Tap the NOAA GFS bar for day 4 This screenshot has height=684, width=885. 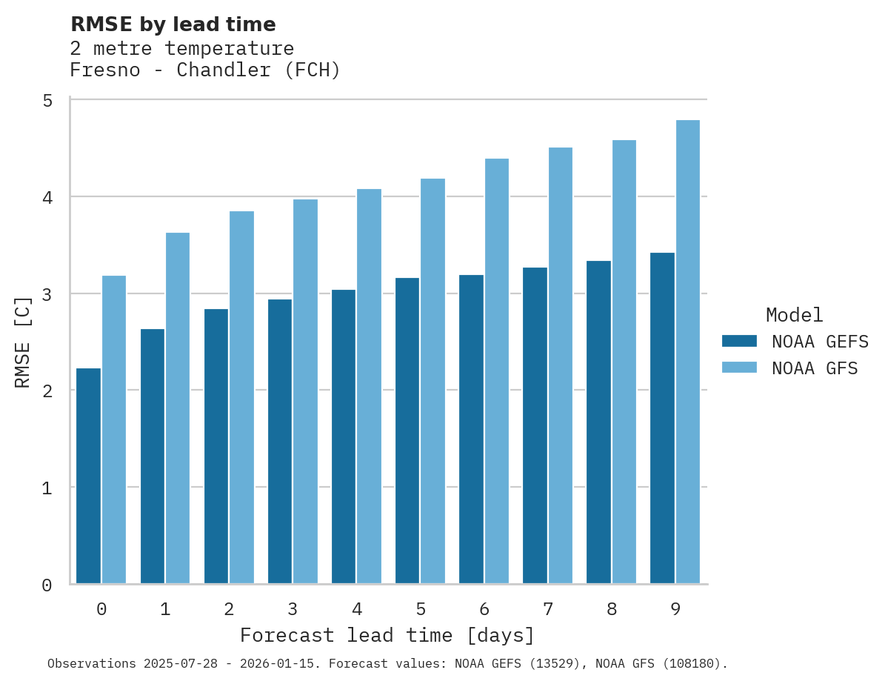coord(369,386)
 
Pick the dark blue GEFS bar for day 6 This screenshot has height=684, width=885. coord(471,429)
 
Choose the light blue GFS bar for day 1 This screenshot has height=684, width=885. coord(178,408)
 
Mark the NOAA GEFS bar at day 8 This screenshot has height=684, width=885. coord(598,422)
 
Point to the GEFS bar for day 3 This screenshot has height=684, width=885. coord(280,442)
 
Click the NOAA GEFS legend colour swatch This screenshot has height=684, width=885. coord(739,341)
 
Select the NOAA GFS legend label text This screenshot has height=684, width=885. coord(815,368)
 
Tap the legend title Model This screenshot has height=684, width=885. coord(794,315)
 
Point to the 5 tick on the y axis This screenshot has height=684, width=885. coord(47,100)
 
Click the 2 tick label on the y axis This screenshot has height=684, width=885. coord(47,391)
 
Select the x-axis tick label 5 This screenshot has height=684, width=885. coord(421,609)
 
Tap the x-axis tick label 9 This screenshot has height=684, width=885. coord(675,609)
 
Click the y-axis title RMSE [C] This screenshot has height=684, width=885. coord(23,342)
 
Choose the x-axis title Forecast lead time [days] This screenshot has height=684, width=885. coord(387,636)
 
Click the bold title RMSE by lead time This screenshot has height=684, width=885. coord(173,24)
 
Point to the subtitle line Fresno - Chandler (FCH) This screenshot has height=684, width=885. coord(204,70)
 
